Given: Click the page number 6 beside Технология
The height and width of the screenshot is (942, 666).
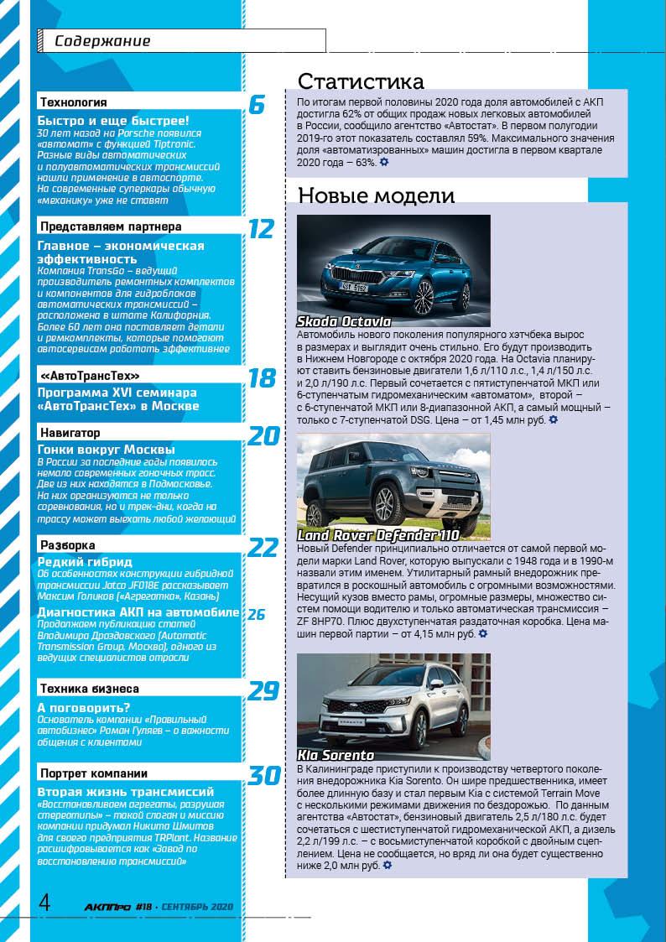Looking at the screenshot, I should tap(257, 105).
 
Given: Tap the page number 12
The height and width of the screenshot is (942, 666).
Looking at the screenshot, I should tap(261, 229).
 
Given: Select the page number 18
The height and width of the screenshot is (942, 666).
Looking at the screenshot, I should tap(262, 378).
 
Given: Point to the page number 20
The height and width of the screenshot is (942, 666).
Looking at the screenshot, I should tap(263, 436).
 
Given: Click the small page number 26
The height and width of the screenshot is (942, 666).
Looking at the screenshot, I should tap(256, 615).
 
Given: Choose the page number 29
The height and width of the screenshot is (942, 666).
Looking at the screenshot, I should tap(263, 691).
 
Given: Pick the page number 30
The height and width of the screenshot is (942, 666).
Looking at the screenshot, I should tap(263, 776).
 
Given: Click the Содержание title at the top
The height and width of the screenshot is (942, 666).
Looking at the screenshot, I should tap(102, 41).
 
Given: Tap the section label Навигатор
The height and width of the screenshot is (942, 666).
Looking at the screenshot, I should tap(70, 433).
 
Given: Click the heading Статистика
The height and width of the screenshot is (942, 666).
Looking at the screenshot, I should tap(361, 81).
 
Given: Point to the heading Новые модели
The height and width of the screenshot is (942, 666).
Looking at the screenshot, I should tap(377, 196).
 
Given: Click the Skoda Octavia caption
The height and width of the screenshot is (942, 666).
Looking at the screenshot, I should tap(344, 322).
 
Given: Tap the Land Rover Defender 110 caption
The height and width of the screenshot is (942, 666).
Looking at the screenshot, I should tap(378, 535).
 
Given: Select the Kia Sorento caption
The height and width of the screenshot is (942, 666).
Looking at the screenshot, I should tap(336, 755).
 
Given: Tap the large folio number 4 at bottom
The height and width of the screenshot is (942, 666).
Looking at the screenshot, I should tap(44, 903).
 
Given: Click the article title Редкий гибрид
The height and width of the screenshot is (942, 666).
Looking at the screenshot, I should tap(85, 562).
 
